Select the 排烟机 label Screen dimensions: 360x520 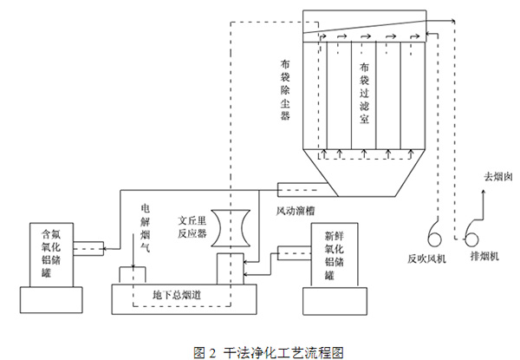(x=481, y=257)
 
